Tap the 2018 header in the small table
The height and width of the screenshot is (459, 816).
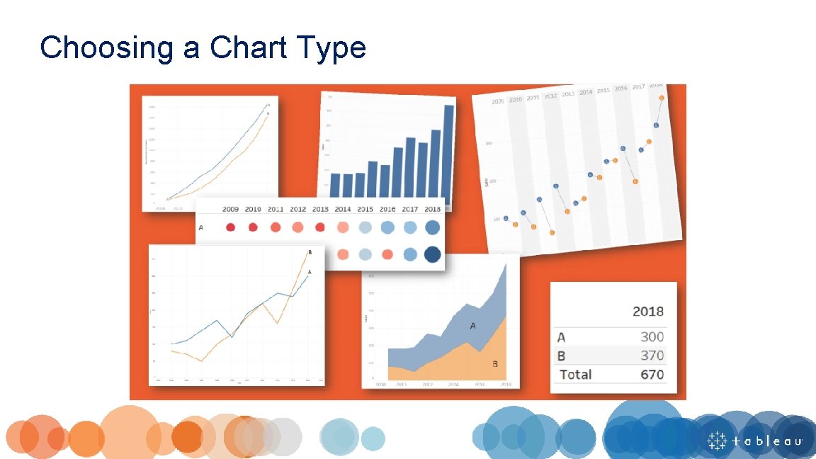tap(647, 311)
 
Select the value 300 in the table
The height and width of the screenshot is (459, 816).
tap(652, 337)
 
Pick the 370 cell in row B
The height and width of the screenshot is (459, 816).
tap(652, 356)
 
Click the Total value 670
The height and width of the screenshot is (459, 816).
tap(652, 374)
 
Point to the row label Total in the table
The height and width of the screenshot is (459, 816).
tap(575, 374)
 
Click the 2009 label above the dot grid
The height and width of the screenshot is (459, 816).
tap(230, 209)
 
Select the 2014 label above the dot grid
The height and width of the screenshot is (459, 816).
tap(343, 209)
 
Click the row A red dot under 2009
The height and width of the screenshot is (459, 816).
tap(230, 227)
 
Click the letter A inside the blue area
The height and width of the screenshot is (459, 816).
tap(472, 326)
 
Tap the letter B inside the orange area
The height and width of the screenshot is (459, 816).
tap(494, 364)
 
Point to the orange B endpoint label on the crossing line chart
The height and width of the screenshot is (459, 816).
tap(310, 252)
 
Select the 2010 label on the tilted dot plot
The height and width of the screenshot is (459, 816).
tap(515, 99)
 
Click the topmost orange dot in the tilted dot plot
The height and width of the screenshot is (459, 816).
tap(661, 98)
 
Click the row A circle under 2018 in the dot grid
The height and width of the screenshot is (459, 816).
tap(431, 227)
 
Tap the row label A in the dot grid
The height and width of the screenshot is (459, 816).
tap(201, 227)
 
